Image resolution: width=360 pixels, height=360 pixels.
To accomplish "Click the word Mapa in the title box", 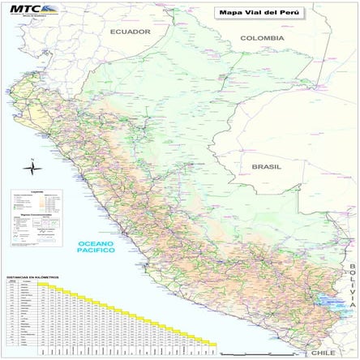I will click(x=225, y=13).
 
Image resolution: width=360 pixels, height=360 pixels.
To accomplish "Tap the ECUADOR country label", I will click(x=131, y=32).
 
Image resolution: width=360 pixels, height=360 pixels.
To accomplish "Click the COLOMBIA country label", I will click(x=262, y=38).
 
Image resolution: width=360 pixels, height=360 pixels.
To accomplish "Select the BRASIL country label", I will click(x=266, y=166).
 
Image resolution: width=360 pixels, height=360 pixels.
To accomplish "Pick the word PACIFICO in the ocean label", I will click(x=96, y=251).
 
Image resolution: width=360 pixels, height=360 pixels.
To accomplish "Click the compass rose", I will click(x=32, y=169).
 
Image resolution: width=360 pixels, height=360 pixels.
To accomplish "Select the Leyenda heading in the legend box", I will click(x=36, y=191).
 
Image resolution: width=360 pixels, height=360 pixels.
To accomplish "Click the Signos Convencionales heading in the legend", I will click(x=36, y=208).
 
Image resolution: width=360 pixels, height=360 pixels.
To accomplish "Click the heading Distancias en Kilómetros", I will click(x=32, y=277).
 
